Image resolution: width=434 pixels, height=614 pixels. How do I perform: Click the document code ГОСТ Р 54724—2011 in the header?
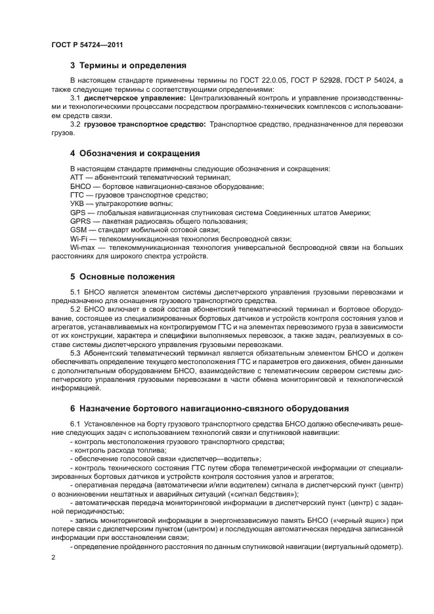click(87, 44)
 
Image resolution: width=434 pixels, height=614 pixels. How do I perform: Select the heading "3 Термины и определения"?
click(128, 66)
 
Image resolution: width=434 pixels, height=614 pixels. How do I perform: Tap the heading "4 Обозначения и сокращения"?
click(135, 153)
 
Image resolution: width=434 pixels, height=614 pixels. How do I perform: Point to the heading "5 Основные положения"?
click(122, 276)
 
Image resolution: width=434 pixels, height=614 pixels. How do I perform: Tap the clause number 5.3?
click(76, 352)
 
